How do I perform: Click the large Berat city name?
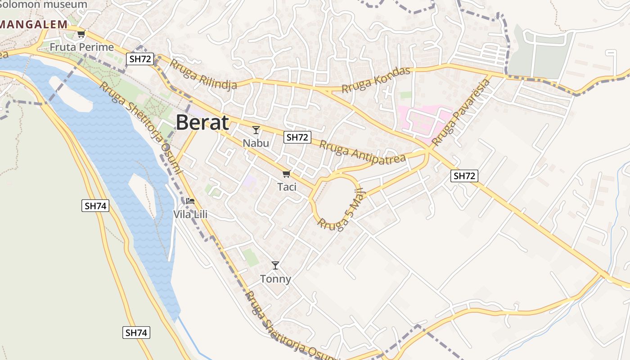tap(202, 122)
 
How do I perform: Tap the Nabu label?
tap(256, 143)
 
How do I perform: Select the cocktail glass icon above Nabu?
tap(256, 130)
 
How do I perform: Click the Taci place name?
tap(287, 186)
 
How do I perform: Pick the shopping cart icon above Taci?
tap(286, 174)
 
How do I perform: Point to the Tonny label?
tap(275, 279)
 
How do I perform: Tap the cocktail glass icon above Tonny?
tap(275, 265)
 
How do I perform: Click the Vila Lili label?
tap(190, 214)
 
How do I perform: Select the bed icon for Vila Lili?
tap(190, 201)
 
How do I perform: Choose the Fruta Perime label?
tap(81, 47)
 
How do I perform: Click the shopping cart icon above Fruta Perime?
tap(81, 34)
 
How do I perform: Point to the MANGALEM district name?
tap(34, 24)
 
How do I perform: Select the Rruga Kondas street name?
tap(376, 80)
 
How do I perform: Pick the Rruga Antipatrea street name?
tap(363, 153)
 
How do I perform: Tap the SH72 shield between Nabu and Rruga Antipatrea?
tap(297, 137)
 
